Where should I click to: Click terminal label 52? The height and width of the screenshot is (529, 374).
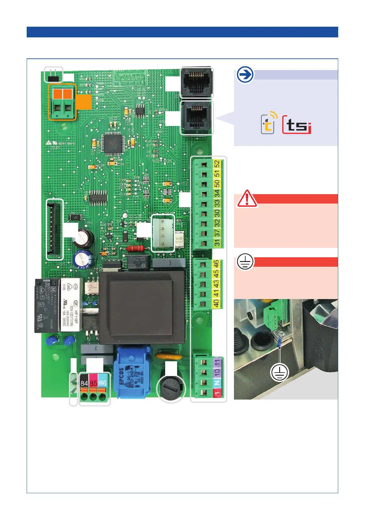[x=217, y=164]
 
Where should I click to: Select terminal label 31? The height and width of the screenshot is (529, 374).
[x=217, y=243]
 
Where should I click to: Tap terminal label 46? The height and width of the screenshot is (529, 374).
[x=216, y=264]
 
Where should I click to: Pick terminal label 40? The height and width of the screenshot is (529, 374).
[x=216, y=303]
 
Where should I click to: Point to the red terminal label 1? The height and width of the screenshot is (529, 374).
[x=217, y=392]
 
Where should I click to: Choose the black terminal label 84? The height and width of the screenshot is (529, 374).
[x=84, y=383]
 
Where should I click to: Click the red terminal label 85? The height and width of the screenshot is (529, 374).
[x=93, y=383]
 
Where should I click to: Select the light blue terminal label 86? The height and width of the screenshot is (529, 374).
[x=102, y=383]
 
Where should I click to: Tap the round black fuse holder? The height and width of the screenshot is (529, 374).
[x=171, y=388]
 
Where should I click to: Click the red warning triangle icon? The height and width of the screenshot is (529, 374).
[x=247, y=199]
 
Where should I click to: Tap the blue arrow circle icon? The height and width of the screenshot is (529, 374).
[x=245, y=75]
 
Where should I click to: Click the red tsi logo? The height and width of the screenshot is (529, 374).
[x=297, y=125]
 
